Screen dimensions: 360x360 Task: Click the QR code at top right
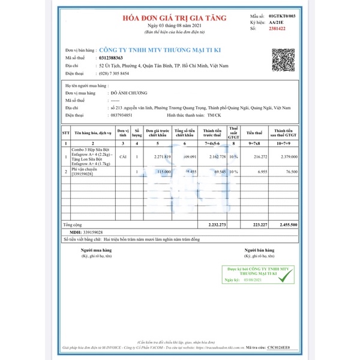tap(284, 59)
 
